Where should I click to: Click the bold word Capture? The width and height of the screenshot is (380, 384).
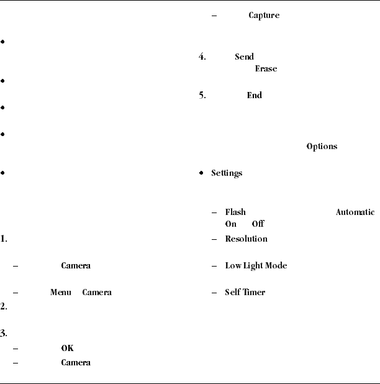264,16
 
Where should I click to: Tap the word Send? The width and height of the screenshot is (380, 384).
244,57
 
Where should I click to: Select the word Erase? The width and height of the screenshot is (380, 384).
266,69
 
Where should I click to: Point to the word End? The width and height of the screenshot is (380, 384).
255,96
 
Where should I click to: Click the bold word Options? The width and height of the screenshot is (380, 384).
322,147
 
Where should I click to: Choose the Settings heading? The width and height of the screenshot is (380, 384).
226,173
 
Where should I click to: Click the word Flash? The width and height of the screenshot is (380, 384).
235,213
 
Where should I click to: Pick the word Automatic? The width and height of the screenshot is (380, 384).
355,213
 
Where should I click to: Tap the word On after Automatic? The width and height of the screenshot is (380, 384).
230,224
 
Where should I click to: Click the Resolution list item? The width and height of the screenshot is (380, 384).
246,239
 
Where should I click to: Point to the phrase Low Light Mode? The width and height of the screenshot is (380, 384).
256,266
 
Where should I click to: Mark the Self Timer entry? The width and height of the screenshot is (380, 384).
245,292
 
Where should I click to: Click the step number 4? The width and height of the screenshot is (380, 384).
202,57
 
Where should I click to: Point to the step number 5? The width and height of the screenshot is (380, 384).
202,96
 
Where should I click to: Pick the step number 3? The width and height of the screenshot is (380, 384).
3,333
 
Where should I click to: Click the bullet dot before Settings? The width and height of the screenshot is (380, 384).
201,173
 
